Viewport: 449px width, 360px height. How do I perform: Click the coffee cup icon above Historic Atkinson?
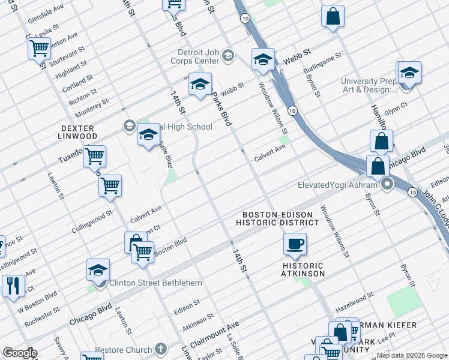(295, 244)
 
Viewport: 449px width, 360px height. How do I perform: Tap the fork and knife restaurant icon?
(12, 286)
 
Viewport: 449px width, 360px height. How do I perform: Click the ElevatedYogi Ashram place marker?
(388, 185)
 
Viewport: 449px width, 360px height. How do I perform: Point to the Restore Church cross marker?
(160, 349)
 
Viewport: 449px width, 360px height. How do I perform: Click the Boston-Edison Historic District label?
(274, 218)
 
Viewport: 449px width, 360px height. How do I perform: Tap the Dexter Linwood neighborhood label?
(77, 133)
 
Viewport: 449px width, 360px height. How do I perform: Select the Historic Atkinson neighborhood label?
(303, 269)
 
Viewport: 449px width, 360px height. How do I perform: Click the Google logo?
(20, 353)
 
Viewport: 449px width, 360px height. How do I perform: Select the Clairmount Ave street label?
(214, 334)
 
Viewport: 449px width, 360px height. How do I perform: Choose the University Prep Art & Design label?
(368, 86)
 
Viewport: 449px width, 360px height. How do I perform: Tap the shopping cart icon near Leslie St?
(39, 47)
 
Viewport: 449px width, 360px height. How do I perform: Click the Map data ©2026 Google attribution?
(412, 355)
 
